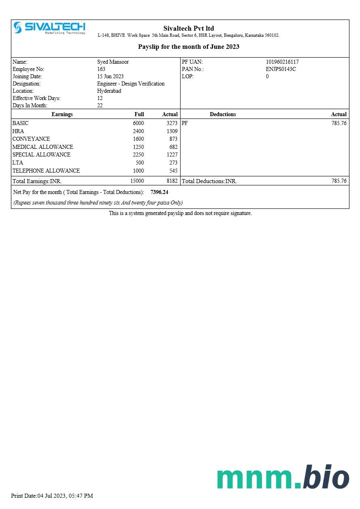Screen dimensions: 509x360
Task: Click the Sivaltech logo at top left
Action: point(49,28)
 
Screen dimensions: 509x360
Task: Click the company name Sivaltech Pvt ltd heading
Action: point(188,28)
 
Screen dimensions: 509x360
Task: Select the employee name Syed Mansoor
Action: point(113,62)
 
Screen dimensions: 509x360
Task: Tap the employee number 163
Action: point(101,69)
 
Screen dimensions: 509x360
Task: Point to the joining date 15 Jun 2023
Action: point(110,77)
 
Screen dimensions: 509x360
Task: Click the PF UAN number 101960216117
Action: point(282,62)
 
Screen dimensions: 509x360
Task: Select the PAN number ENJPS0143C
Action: point(280,69)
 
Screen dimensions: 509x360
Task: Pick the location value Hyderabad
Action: point(109,91)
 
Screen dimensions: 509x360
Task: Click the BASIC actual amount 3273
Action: point(172,123)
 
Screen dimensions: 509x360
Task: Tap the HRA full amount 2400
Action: point(138,131)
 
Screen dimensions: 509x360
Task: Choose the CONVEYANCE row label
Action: point(31,139)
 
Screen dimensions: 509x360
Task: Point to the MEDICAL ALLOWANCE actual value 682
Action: point(173,147)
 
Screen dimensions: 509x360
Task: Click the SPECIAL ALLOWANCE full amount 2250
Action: point(138,155)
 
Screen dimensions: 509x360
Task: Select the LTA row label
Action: point(18,163)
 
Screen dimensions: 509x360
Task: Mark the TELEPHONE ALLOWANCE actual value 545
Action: point(173,171)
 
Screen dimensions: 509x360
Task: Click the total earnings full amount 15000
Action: point(137,181)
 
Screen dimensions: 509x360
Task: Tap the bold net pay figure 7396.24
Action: point(159,192)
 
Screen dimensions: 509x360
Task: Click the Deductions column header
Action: point(223,115)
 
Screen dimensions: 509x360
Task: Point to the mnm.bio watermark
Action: point(283,478)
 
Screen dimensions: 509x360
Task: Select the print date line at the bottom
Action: point(52,496)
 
